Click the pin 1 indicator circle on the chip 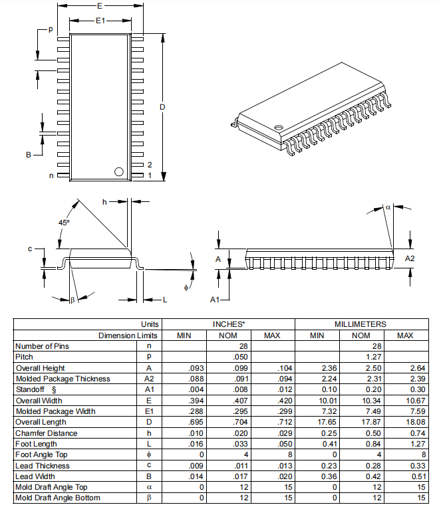pyautogui.click(x=119, y=171)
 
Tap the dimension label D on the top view pyautogui.click(x=162, y=107)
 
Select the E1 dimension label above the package pyautogui.click(x=100, y=21)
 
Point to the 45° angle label pyautogui.click(x=63, y=223)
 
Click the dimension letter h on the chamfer pyautogui.click(x=104, y=201)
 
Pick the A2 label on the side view pyautogui.click(x=410, y=258)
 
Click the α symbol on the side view pyautogui.click(x=388, y=207)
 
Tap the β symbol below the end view pyautogui.click(x=73, y=300)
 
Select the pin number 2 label pyautogui.click(x=150, y=164)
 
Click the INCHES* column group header pyautogui.click(x=229, y=324)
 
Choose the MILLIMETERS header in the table pyautogui.click(x=360, y=324)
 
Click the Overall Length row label pyautogui.click(x=41, y=422)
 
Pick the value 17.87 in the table pyautogui.click(x=361, y=422)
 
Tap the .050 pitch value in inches pyautogui.click(x=229, y=357)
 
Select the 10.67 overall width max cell pyautogui.click(x=404, y=400)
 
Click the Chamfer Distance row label pyautogui.click(x=47, y=433)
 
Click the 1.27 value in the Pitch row pyautogui.click(x=361, y=357)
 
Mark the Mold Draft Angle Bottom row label pyautogui.click(x=58, y=498)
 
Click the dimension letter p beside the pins pyautogui.click(x=49, y=30)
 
